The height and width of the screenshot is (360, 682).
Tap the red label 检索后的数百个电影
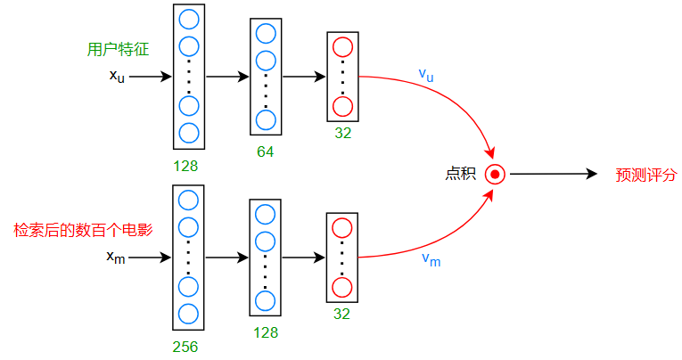click(83, 230)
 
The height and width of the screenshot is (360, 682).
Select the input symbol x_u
click(117, 77)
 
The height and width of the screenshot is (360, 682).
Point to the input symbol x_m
click(116, 258)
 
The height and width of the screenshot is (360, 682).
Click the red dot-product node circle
click(495, 174)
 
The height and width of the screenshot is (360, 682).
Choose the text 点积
click(460, 174)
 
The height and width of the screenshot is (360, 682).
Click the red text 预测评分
click(646, 174)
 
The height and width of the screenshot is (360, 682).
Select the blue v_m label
click(431, 260)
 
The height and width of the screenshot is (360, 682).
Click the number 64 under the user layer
click(265, 151)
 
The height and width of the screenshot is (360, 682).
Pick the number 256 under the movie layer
click(185, 347)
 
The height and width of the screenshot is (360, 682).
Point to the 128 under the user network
click(185, 166)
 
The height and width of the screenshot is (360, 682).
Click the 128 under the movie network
click(265, 332)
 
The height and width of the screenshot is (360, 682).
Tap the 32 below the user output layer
click(342, 134)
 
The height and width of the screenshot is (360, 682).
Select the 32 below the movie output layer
click(342, 314)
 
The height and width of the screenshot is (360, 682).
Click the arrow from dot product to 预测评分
click(553, 174)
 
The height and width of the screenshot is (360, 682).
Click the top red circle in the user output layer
click(342, 47)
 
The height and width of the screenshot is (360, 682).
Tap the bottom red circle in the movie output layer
click(342, 288)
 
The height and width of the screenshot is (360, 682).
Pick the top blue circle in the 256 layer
click(188, 200)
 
